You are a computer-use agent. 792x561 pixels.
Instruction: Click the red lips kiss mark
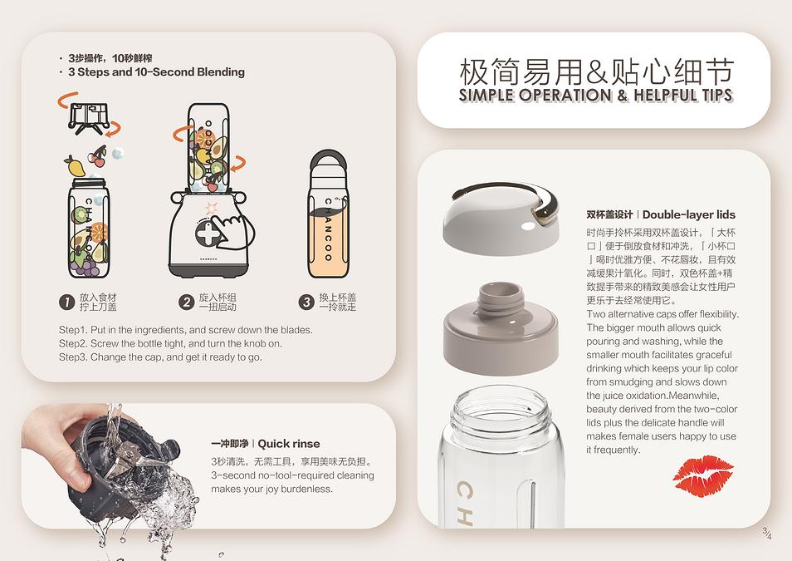tap(703, 475)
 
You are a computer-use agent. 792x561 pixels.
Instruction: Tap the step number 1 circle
tap(66, 302)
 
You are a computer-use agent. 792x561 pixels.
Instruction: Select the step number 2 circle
tap(187, 302)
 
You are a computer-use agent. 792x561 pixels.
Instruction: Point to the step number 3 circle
tap(306, 302)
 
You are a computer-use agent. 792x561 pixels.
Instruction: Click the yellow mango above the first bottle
tap(74, 165)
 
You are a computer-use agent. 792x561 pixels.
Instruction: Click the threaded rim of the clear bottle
tap(501, 408)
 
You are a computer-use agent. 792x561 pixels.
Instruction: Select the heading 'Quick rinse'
tap(288, 444)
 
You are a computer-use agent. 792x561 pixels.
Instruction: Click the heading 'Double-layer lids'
tap(688, 214)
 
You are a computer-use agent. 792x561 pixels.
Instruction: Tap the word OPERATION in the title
tap(565, 95)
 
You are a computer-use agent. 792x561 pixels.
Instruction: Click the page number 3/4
tap(767, 534)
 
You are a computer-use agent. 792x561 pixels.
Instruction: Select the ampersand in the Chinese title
tap(597, 71)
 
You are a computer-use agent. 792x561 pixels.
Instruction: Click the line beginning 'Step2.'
tap(170, 343)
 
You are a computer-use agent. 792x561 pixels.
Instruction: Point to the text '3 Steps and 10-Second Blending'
tap(157, 71)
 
